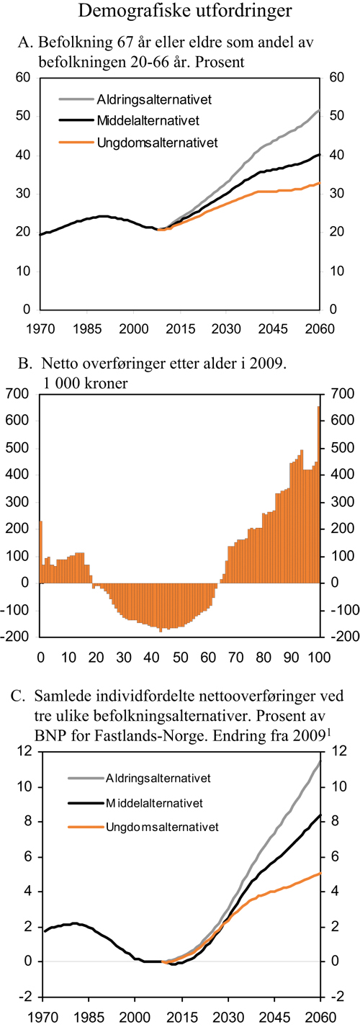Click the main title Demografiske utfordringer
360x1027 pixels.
pyautogui.click(x=179, y=12)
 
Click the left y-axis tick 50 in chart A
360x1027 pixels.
pyautogui.click(x=24, y=116)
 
